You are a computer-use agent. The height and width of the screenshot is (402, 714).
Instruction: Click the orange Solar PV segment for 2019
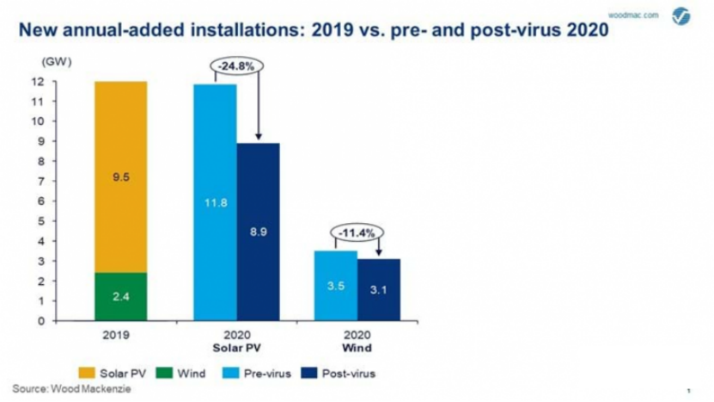pyautogui.click(x=119, y=176)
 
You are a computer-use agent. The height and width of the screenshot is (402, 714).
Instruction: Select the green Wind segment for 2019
pyautogui.click(x=119, y=296)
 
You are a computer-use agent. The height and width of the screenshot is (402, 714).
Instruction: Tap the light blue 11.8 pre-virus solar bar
pyautogui.click(x=215, y=202)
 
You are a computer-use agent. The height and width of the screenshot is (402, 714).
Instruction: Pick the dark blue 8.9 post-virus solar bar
pyautogui.click(x=258, y=232)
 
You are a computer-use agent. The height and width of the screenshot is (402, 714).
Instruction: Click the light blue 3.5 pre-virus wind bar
pyautogui.click(x=335, y=285)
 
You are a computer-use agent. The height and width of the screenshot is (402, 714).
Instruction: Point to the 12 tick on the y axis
pyautogui.click(x=39, y=82)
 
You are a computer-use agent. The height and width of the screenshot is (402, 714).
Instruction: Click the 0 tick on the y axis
pyautogui.click(x=41, y=321)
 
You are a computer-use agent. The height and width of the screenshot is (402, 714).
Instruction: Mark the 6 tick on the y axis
pyautogui.click(x=41, y=201)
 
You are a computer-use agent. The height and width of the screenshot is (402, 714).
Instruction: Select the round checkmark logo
pyautogui.click(x=683, y=16)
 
